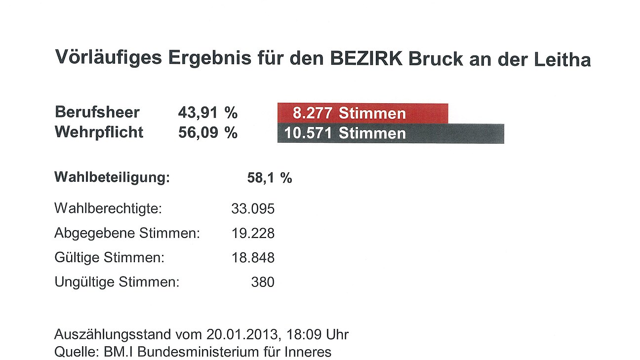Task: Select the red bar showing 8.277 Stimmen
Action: click(x=362, y=113)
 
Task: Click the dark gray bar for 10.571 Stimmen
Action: click(x=390, y=133)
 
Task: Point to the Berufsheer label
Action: click(x=97, y=112)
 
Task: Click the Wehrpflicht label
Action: click(x=99, y=132)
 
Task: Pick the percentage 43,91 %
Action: click(x=207, y=113)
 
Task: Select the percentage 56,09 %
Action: click(x=207, y=133)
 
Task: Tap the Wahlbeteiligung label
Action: click(x=112, y=177)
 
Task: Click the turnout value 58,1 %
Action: click(x=269, y=178)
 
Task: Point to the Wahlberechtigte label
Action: click(x=108, y=208)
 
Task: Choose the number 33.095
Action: click(x=253, y=209)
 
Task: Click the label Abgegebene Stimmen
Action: click(x=127, y=233)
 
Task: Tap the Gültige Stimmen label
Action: click(x=109, y=258)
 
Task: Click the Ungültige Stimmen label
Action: click(x=117, y=282)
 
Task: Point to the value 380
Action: click(x=262, y=282)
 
